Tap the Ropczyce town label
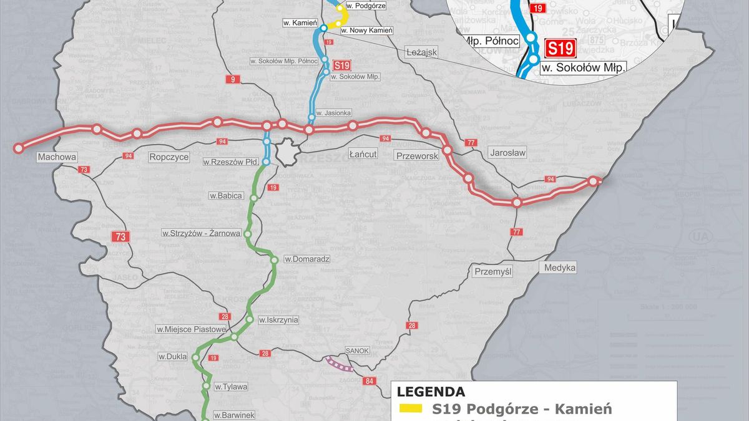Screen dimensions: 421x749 coord(169,157)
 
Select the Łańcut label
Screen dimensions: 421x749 coord(363,153)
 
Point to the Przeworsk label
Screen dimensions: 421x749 coord(416,156)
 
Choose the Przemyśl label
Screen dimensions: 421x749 coord(493,271)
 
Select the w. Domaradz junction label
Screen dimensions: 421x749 coord(306,258)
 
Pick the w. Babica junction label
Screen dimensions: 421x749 coord(226,195)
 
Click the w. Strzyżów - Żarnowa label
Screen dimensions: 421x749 coord(201,233)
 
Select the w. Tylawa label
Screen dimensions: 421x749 coord(230,387)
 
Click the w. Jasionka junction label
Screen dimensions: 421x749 coord(333,113)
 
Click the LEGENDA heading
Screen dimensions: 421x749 coord(431,392)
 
